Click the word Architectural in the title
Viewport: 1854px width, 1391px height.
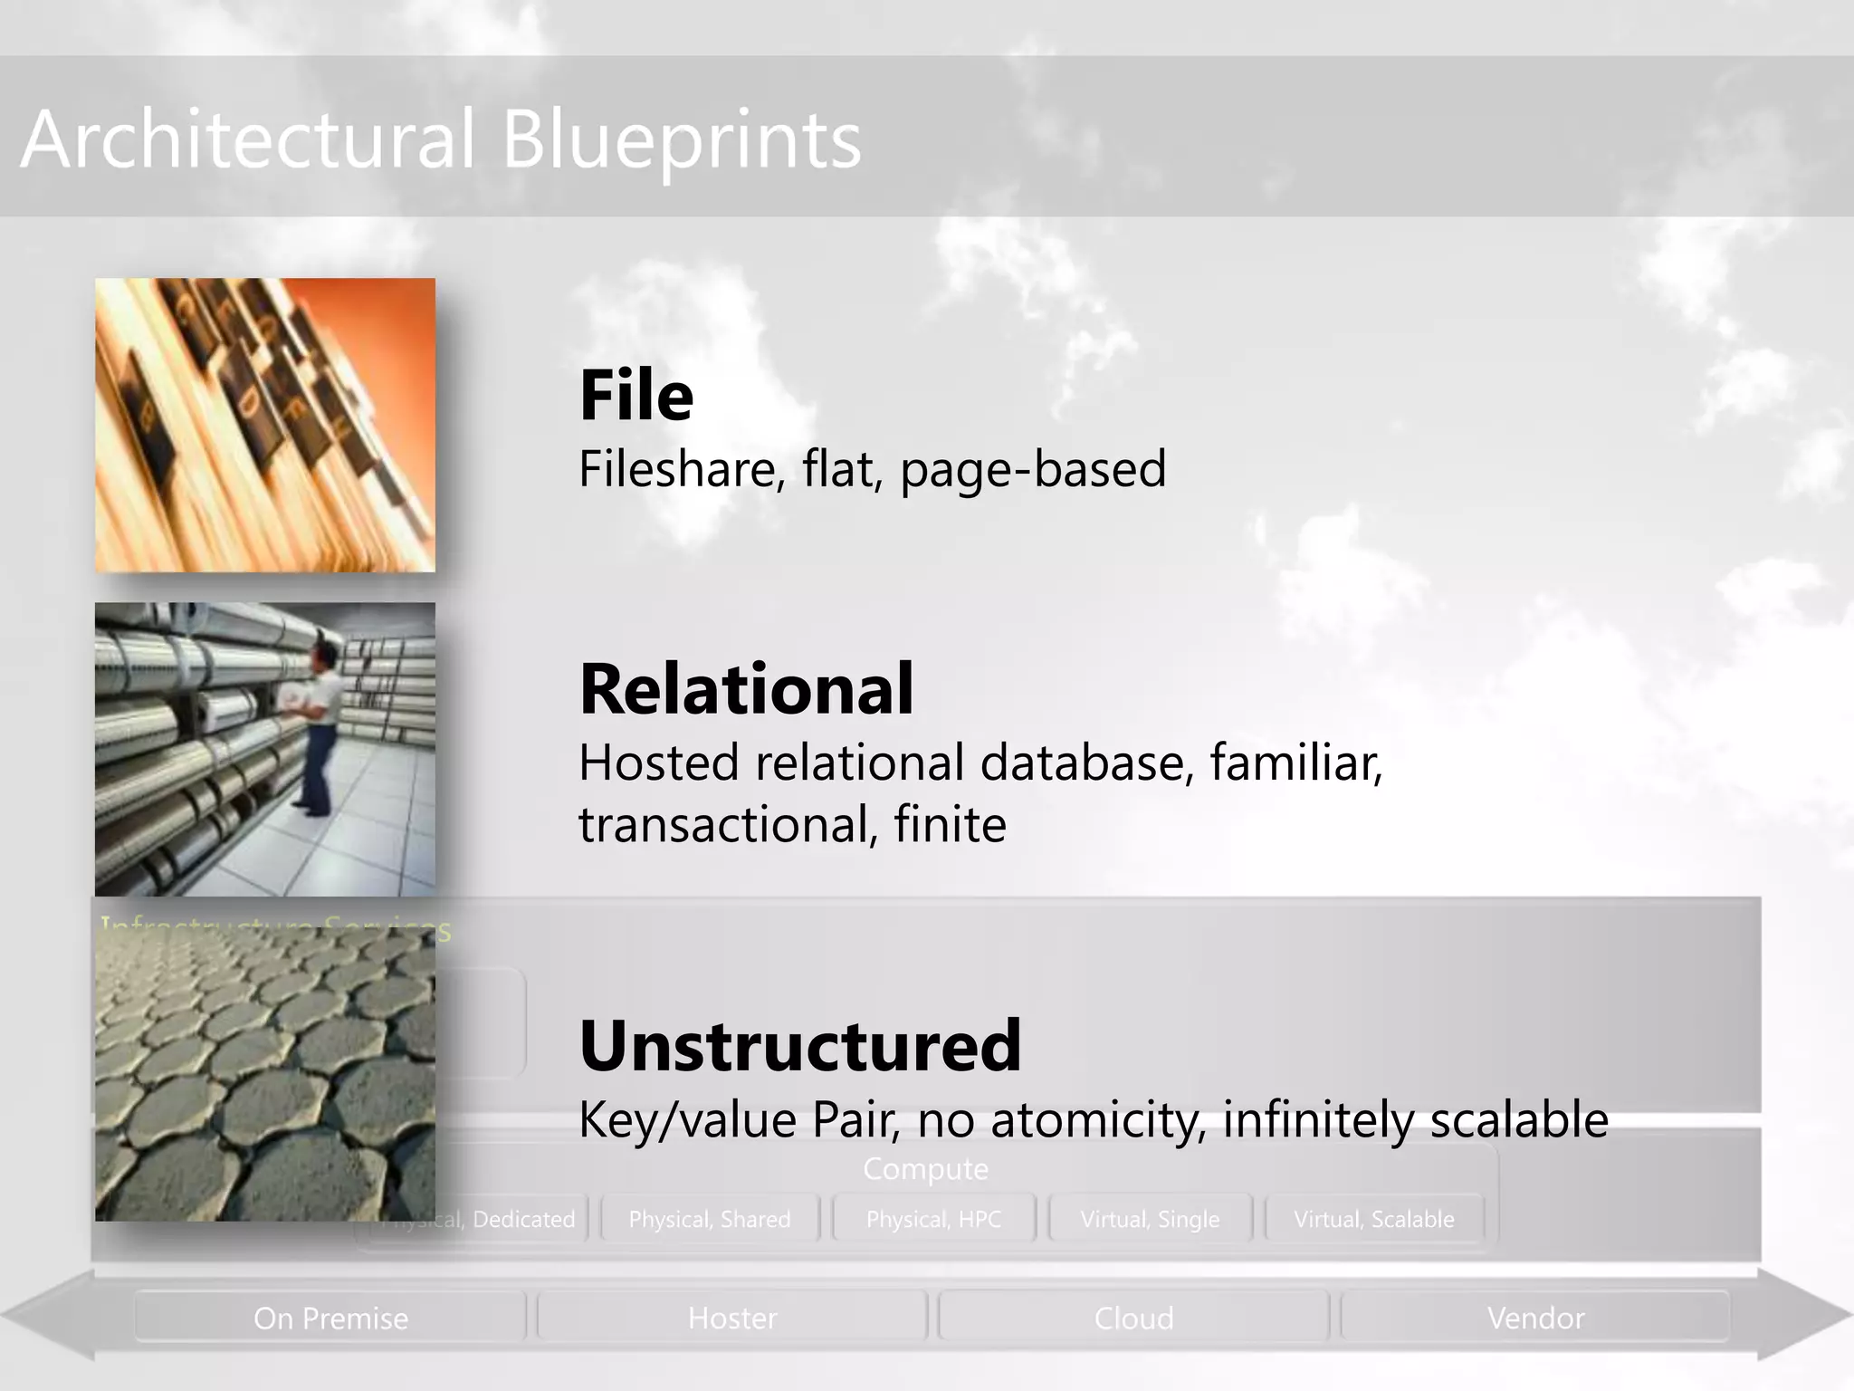coord(247,139)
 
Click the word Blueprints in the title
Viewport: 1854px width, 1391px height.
coord(681,140)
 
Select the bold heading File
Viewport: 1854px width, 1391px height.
coord(636,396)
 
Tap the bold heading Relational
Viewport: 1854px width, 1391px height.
coord(746,689)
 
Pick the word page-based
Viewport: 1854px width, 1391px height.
coord(1033,469)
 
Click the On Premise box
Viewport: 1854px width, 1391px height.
coord(330,1318)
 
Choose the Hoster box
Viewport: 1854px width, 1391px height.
coord(732,1318)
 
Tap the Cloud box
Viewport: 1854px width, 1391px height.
coord(1133,1318)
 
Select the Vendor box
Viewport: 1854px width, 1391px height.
coord(1535,1318)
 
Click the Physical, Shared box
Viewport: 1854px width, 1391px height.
coord(710,1219)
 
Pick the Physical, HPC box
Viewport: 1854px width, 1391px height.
coord(933,1219)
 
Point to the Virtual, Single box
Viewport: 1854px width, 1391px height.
coord(1150,1219)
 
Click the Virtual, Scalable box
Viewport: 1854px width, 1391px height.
coord(1373,1219)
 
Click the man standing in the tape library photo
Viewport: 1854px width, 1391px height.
coord(318,724)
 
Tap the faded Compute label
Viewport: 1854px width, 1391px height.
coord(925,1169)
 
